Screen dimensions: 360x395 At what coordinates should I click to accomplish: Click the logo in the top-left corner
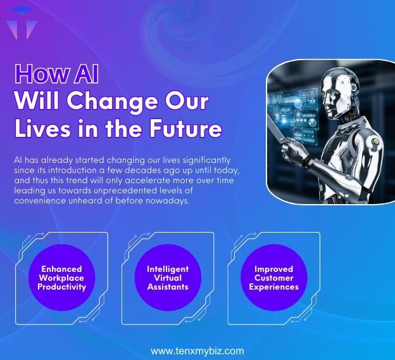click(x=20, y=23)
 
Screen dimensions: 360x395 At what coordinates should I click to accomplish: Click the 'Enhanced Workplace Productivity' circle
click(x=61, y=278)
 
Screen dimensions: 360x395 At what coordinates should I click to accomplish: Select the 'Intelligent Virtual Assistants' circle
click(x=168, y=278)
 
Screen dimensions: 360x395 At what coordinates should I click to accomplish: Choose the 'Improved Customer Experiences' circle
click(x=273, y=278)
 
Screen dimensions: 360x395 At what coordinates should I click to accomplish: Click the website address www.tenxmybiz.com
click(x=197, y=350)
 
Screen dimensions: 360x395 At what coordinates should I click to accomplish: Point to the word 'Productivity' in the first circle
click(x=61, y=287)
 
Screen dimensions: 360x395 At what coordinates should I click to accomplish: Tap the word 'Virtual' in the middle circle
click(x=168, y=278)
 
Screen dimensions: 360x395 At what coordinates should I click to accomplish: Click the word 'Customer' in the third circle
click(x=273, y=278)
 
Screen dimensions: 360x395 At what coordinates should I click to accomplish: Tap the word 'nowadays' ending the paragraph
click(x=169, y=202)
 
